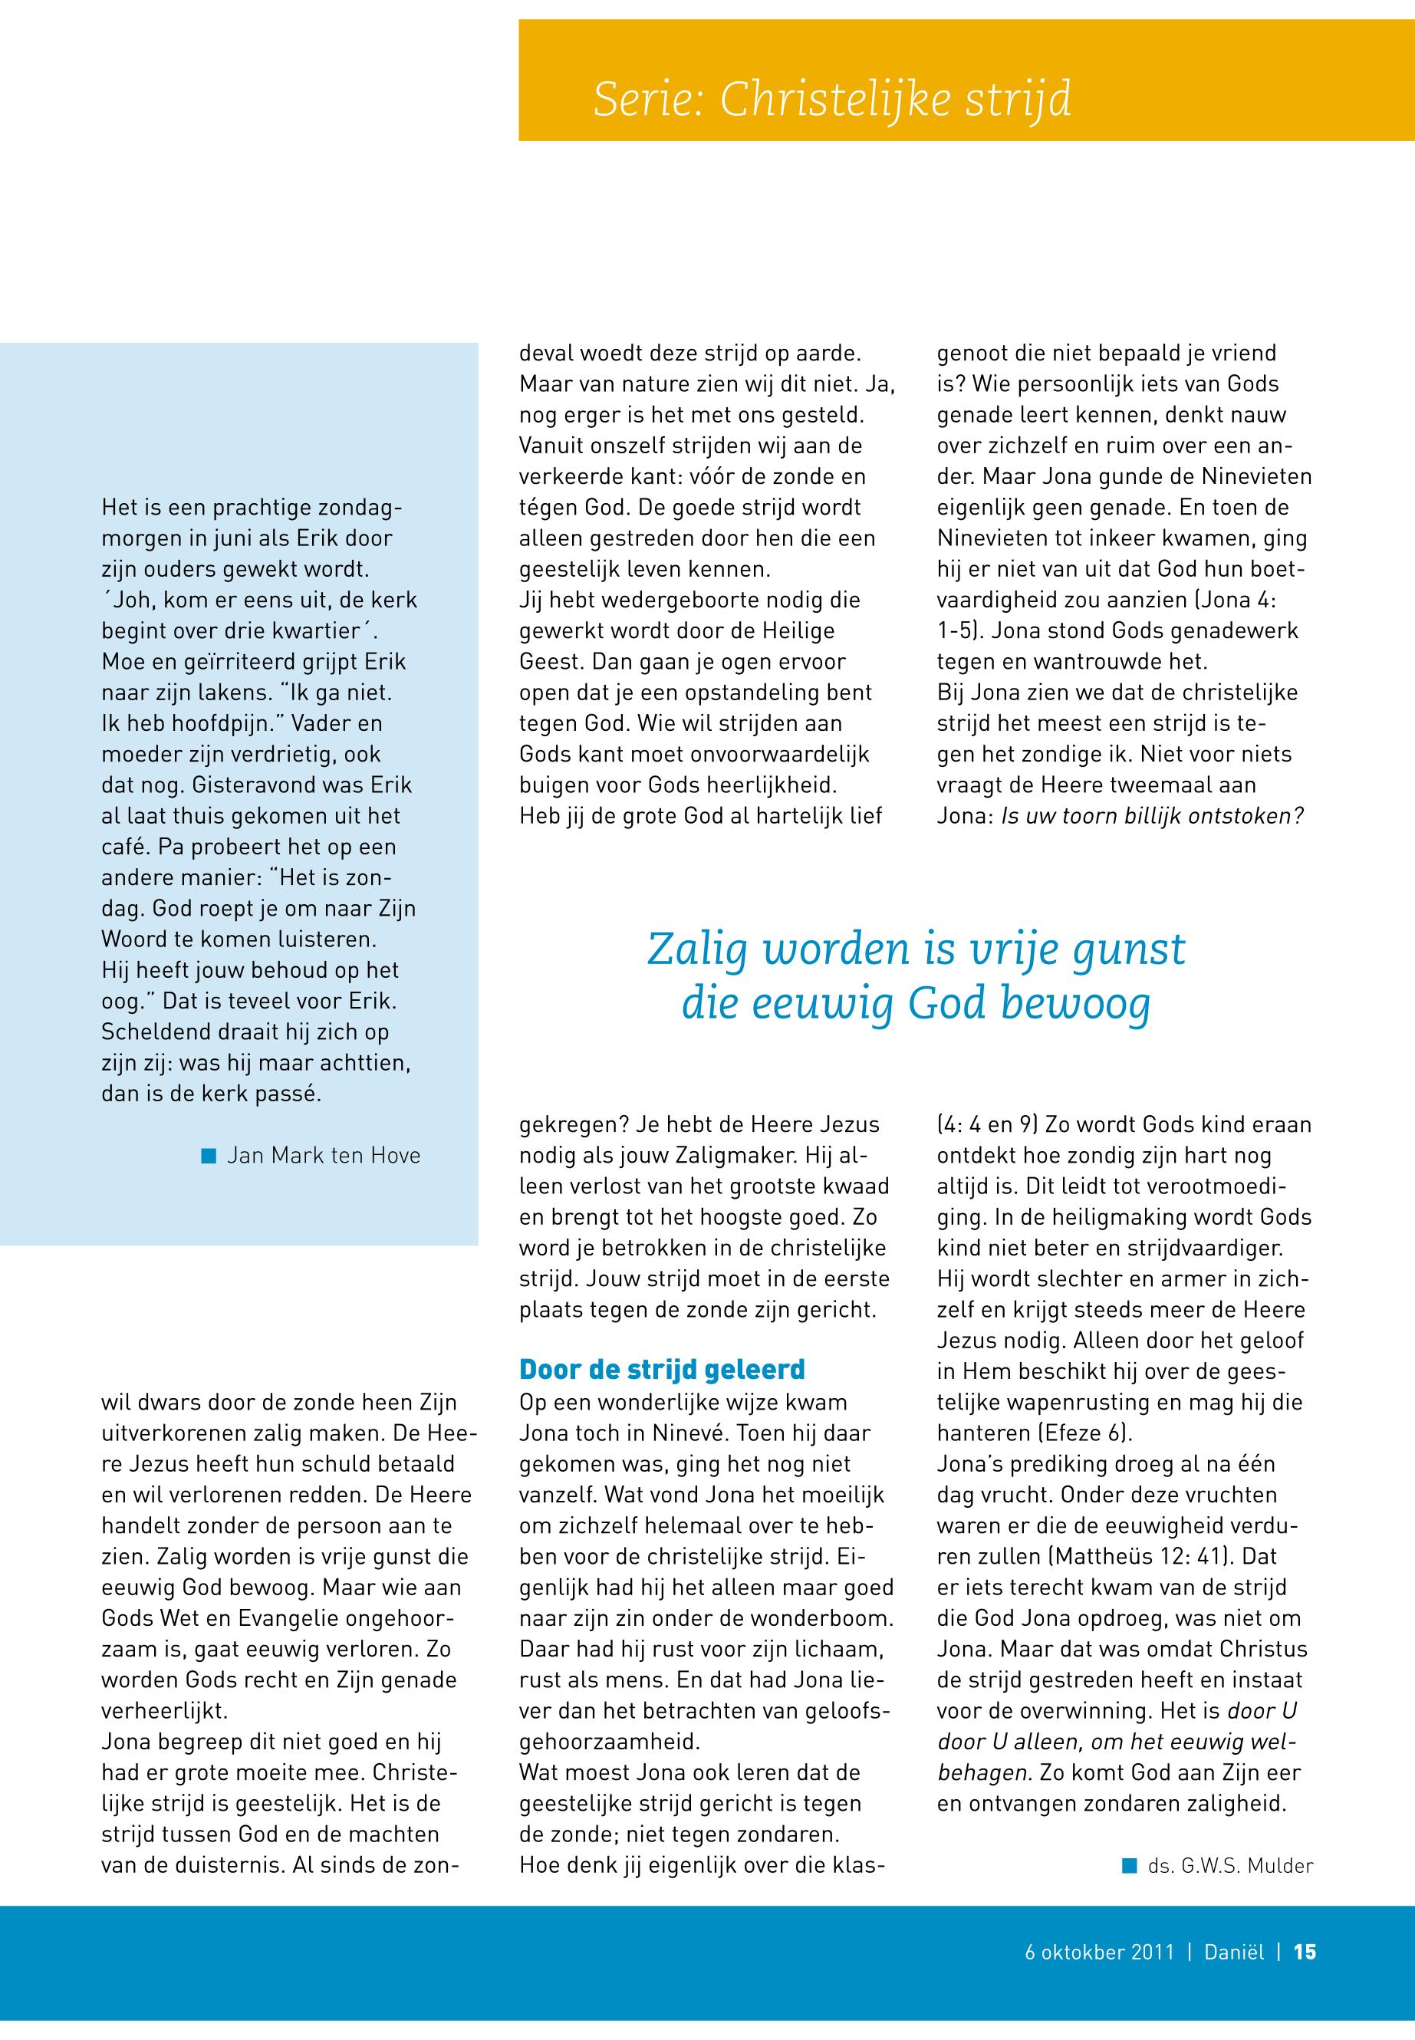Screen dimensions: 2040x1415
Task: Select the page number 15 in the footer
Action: click(x=1305, y=1951)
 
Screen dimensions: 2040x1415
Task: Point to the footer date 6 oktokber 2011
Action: click(x=1099, y=1951)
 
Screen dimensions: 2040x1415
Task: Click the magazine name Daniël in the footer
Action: click(x=1233, y=1951)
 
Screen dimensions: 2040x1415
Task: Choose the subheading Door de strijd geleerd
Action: click(x=661, y=1370)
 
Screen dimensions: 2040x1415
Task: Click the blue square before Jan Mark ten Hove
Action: click(x=209, y=1155)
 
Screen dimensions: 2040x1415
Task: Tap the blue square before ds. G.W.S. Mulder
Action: click(x=1129, y=1865)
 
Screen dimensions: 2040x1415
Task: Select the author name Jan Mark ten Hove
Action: click(x=324, y=1155)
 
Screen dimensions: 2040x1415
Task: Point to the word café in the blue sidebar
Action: click(x=124, y=847)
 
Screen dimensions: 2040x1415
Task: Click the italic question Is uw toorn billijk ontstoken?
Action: click(x=1152, y=816)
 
